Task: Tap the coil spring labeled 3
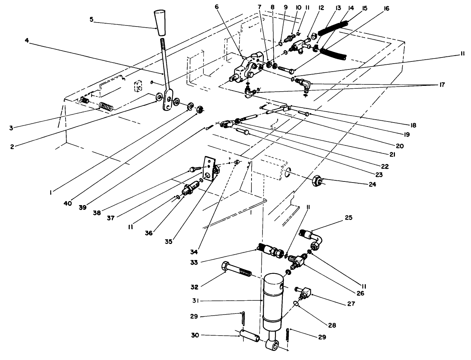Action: (x=106, y=106)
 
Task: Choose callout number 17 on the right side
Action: (x=442, y=84)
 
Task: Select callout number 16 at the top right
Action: (x=386, y=8)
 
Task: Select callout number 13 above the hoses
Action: (x=339, y=8)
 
